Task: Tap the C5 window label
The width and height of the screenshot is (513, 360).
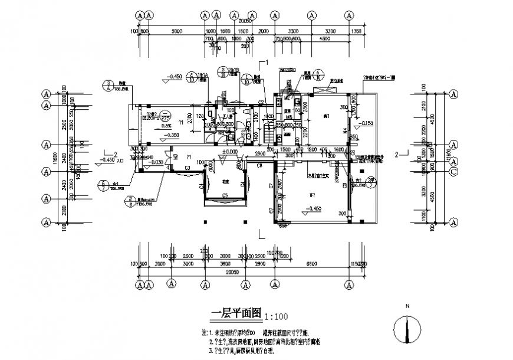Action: pos(225,195)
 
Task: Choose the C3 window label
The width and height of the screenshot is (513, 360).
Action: pos(187,169)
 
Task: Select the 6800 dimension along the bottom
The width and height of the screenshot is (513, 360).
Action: pos(311,264)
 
